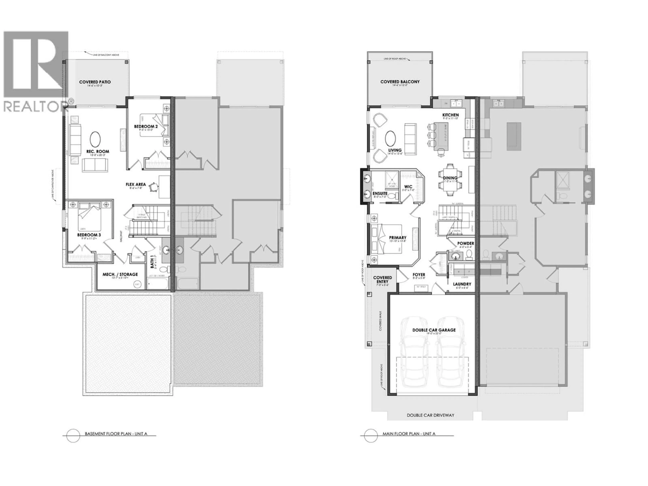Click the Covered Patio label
click(95, 82)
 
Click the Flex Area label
click(136, 184)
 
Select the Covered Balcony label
click(400, 82)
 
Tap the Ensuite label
click(380, 193)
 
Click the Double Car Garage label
click(434, 330)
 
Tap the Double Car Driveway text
click(430, 415)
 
